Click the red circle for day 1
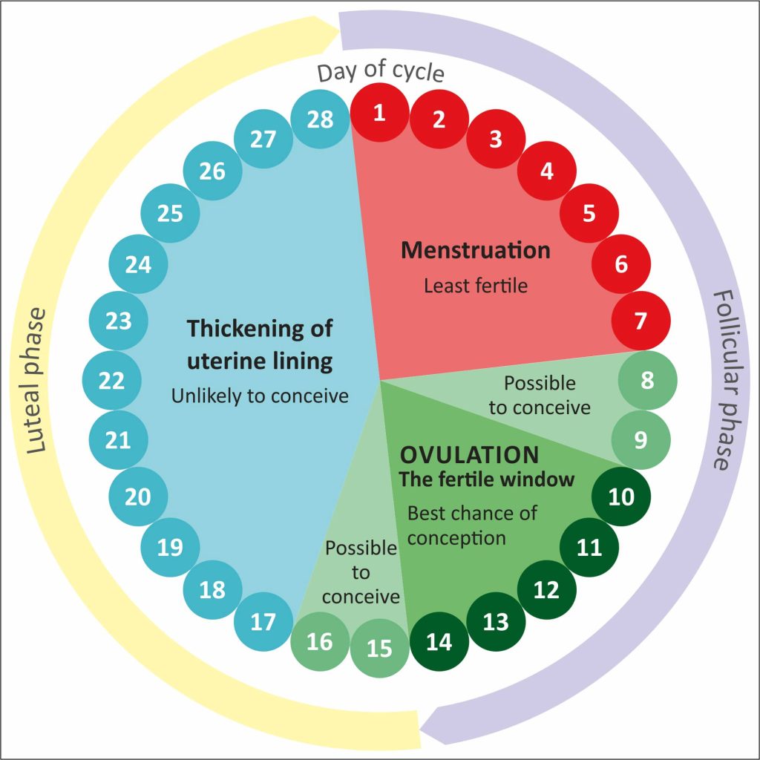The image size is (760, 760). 379,114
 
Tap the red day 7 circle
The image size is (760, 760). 641,321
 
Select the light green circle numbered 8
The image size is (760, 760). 646,381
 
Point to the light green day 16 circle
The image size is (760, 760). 319,641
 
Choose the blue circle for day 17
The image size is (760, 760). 263,621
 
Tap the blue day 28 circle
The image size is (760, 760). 320,119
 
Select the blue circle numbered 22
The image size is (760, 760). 111,381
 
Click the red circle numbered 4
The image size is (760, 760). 547,171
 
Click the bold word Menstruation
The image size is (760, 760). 476,250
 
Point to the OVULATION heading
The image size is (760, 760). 469,454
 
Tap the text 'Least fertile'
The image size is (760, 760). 476,285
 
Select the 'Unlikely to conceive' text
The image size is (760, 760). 260,396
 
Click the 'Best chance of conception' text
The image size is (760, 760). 472,524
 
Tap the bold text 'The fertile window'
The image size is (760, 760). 487,479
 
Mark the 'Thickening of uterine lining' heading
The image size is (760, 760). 259,344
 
